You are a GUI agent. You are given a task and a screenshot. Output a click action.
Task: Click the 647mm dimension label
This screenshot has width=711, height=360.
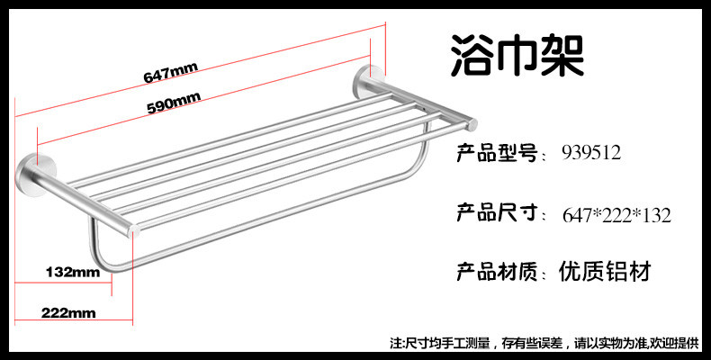tap(171, 74)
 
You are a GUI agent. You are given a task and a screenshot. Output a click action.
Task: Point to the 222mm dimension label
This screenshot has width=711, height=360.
tap(67, 313)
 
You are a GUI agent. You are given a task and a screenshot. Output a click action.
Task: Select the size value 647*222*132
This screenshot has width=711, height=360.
tap(617, 215)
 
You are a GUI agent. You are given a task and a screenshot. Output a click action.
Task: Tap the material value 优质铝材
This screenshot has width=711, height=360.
tap(604, 270)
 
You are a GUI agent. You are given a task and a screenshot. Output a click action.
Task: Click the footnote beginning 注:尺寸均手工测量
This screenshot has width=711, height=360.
tap(450, 342)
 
